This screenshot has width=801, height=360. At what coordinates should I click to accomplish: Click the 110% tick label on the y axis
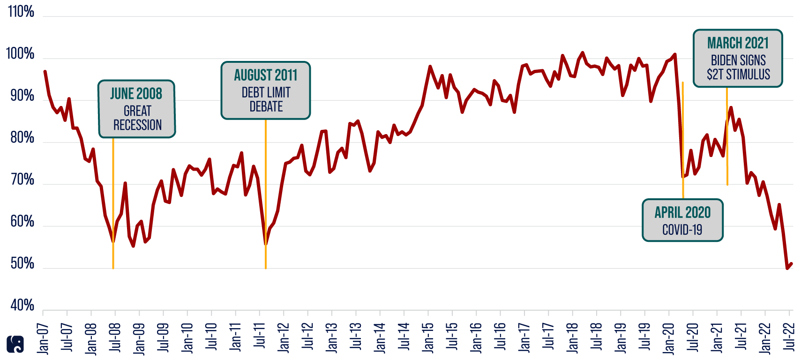[21, 12]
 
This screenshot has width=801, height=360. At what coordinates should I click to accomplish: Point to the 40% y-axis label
[22, 306]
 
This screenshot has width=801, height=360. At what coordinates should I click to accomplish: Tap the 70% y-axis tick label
[22, 180]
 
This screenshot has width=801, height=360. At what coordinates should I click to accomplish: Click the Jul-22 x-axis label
[789, 336]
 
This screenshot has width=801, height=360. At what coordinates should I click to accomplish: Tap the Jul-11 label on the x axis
[260, 336]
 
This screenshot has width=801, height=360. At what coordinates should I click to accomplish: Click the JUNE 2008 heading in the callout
[136, 94]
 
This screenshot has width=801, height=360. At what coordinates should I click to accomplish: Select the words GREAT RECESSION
[137, 118]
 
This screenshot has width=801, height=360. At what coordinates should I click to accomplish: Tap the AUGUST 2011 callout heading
[266, 75]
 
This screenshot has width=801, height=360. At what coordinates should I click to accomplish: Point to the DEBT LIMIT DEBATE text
[266, 100]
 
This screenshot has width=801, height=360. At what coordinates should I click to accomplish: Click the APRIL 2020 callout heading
[682, 213]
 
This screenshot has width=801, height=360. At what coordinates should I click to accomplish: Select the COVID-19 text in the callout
[682, 230]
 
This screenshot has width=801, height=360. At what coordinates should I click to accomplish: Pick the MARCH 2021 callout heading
[738, 44]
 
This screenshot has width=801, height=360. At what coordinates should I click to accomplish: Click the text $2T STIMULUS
[738, 75]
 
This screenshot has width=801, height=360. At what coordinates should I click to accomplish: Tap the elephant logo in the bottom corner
[15, 344]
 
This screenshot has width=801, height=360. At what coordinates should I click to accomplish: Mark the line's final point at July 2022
[792, 264]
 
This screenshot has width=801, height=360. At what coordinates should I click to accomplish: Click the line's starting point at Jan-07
[45, 71]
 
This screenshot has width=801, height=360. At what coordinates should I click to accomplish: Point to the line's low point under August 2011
[266, 244]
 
